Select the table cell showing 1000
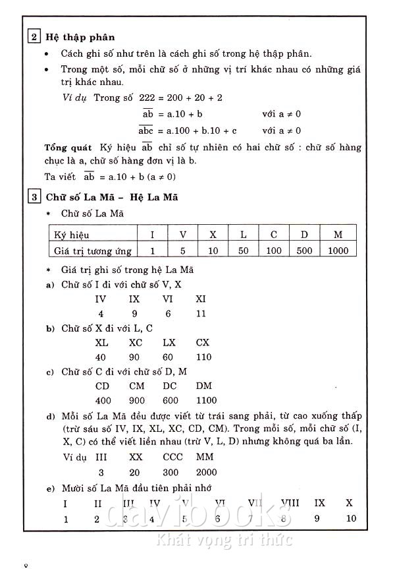[338, 251]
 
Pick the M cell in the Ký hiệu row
[338, 235]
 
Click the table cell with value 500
[305, 251]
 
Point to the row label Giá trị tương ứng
[92, 251]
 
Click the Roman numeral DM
[204, 386]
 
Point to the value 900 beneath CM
[137, 400]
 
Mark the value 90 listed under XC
[136, 357]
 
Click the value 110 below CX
[203, 357]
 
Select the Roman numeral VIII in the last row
[290, 503]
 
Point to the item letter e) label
[50, 489]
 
